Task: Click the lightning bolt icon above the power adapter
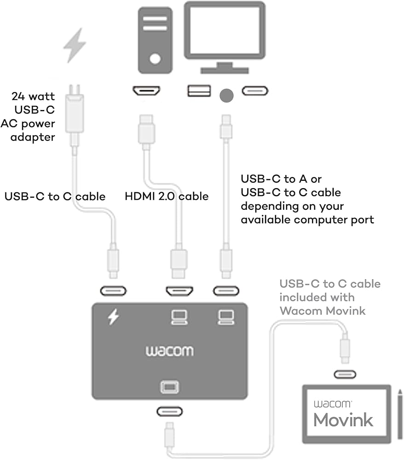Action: (74, 45)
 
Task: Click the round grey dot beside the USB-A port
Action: (226, 95)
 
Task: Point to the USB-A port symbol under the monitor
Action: (199, 91)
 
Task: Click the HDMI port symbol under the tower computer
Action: (146, 91)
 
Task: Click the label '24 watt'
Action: (33, 97)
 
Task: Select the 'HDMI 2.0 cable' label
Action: (167, 196)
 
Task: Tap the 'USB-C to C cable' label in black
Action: (55, 196)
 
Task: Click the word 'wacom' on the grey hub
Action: (170, 351)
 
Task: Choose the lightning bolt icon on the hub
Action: (113, 316)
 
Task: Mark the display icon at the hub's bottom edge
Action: (169, 387)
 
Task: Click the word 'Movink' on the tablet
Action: (343, 419)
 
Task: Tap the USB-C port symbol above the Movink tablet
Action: (345, 374)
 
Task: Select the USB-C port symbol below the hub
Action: (169, 411)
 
